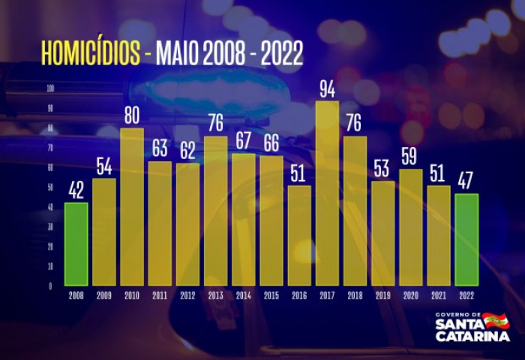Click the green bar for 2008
coord(76,244)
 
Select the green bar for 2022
coord(466,239)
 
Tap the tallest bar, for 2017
coord(327,193)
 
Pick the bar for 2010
coord(132,206)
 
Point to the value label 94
coord(327,90)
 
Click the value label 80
coord(132,117)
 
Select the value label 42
coord(76,191)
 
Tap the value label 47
coord(466,182)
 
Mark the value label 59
coord(410,157)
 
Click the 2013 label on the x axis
coord(215,296)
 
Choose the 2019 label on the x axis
coord(382,296)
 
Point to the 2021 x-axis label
coord(438,296)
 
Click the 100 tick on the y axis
coord(51,89)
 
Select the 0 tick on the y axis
coord(51,286)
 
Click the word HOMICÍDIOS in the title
coord(90,53)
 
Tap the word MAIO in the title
coord(177,53)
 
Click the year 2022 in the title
coord(281,53)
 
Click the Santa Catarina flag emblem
coord(496,322)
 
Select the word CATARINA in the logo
coord(472,337)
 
